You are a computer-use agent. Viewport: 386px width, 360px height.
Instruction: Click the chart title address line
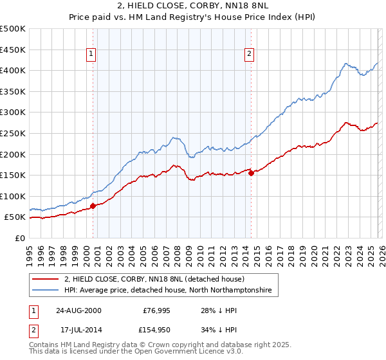192,6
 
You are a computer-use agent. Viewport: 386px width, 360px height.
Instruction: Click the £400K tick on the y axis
13,70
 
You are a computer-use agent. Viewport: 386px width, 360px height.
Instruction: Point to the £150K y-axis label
13,175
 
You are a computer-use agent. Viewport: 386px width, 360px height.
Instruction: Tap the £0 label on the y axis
19,238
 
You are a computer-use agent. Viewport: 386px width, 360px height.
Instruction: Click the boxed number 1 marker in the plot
92,55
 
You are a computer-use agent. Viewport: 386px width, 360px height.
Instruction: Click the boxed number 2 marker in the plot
249,55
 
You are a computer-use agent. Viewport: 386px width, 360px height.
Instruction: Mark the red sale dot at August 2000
93,206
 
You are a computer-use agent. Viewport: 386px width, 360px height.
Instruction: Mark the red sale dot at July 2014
251,173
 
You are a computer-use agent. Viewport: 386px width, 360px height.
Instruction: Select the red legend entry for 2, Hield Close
154,280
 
